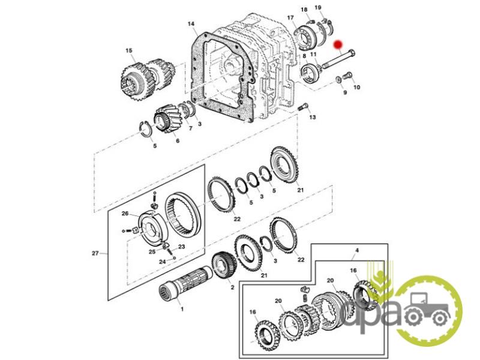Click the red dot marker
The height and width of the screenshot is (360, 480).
point(338,44)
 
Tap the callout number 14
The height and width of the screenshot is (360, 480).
point(191,24)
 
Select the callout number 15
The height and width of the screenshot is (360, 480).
point(129,50)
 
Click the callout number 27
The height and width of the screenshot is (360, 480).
point(95,253)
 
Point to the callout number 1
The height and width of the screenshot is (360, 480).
point(182,309)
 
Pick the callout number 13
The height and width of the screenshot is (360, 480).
point(312,117)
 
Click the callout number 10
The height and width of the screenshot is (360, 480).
point(356,88)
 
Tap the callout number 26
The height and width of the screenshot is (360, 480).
point(125,214)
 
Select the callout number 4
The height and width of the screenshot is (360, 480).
point(356,250)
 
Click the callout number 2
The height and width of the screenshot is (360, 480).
point(232,287)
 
